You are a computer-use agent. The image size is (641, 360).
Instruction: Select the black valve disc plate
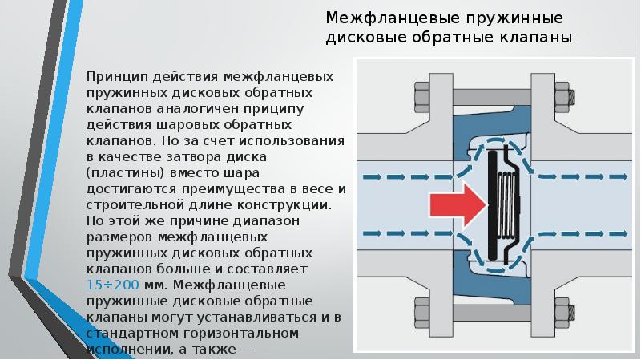[x=493, y=205]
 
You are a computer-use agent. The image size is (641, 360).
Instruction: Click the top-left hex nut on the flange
[x=422, y=97]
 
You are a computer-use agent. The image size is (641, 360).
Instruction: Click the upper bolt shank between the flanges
[x=492, y=97]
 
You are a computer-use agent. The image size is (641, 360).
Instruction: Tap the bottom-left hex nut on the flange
[x=422, y=313]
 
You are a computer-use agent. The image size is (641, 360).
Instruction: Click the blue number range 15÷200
[x=112, y=285]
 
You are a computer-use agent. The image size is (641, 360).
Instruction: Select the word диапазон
[x=266, y=221]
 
